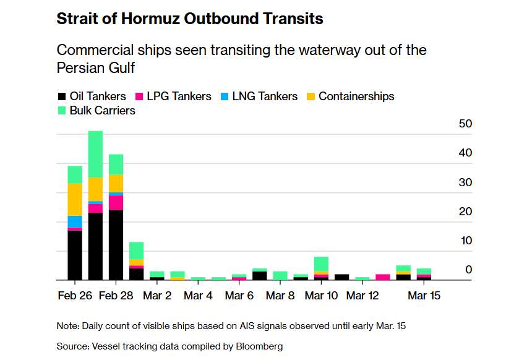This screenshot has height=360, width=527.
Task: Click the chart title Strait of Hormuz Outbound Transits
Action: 189,19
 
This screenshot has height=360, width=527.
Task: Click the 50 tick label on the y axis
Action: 465,124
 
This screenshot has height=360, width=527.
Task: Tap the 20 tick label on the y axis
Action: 465,212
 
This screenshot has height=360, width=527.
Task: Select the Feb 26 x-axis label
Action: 75,296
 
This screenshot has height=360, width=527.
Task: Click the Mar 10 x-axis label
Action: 322,296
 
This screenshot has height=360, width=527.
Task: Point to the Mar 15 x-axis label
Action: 424,296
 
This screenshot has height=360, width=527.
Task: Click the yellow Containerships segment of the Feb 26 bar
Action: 75,199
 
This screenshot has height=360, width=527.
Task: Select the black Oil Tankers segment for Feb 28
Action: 116,245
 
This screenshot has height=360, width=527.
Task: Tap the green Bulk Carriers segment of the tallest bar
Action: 95,154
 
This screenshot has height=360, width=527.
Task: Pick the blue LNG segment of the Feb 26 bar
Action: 75,221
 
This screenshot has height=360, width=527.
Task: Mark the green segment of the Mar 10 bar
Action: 321,264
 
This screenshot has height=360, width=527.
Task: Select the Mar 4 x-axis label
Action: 198,296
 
